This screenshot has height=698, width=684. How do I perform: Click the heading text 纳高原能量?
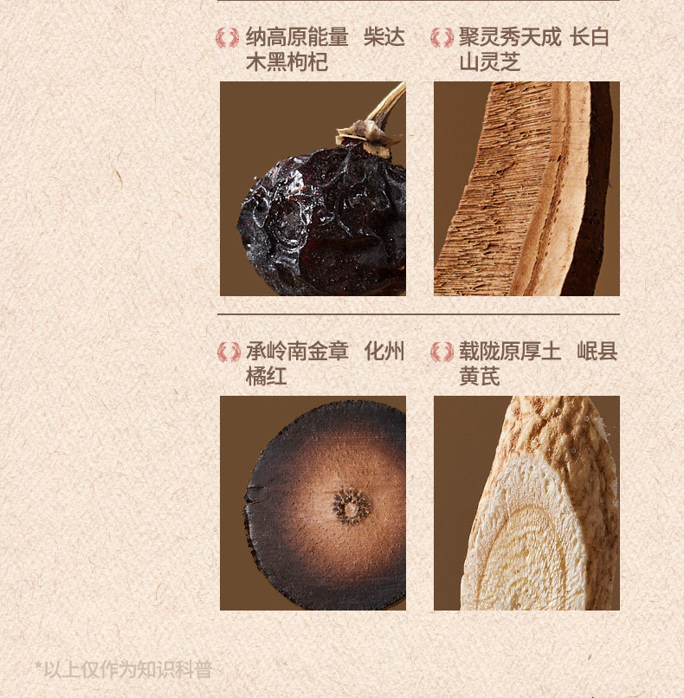(x=297, y=37)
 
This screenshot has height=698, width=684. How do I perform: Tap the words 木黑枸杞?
(x=287, y=61)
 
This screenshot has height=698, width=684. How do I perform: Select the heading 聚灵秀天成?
(x=510, y=37)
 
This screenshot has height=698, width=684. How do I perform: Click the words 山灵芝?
(x=489, y=61)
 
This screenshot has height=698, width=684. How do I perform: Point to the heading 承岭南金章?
(x=297, y=352)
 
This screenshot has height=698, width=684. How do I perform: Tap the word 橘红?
(x=266, y=376)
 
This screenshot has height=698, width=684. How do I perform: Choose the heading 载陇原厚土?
(x=510, y=352)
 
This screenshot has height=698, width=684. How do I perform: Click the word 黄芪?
(x=480, y=376)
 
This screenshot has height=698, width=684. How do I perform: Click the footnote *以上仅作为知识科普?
(x=123, y=669)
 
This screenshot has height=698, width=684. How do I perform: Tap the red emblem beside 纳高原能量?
(x=228, y=37)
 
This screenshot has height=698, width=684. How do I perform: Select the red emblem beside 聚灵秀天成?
(x=442, y=37)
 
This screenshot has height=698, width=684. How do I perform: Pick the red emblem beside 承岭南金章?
(x=229, y=352)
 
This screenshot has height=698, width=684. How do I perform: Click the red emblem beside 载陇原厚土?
(x=442, y=352)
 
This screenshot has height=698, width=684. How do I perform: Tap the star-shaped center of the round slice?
(x=352, y=506)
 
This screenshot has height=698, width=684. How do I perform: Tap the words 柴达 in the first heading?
(x=384, y=37)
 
